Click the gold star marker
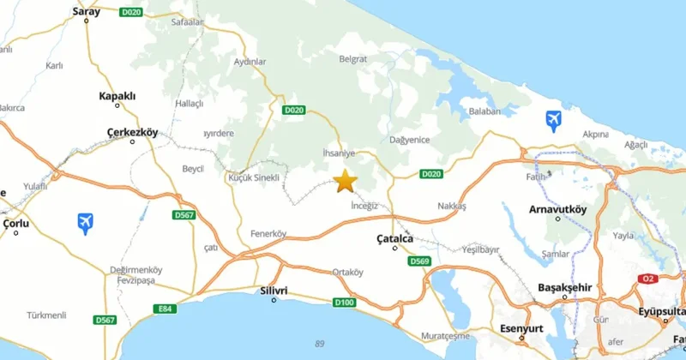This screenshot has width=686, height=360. click(345, 181)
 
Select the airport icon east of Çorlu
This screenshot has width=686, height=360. click(84, 224)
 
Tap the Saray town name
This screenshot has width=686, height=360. click(87, 11)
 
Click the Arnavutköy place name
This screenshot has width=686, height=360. click(557, 208)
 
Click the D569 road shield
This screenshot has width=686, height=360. click(418, 261)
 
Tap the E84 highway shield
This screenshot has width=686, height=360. click(165, 309)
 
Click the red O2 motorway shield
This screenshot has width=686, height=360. click(647, 279)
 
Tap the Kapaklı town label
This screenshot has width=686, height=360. click(117, 96)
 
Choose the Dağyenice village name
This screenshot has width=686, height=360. click(408, 139)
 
